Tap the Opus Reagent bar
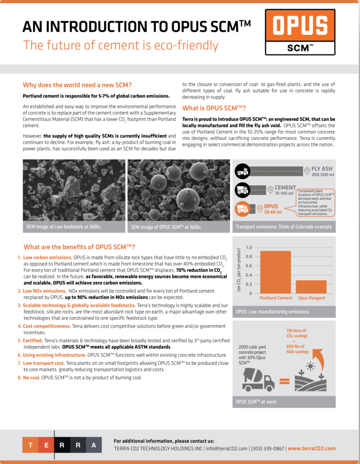tap(311, 286)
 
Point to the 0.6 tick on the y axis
tap(248, 266)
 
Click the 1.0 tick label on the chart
tap(248, 248)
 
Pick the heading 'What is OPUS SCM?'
tap(214, 108)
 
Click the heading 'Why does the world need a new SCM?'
tap(77, 85)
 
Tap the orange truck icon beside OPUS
tap(243, 209)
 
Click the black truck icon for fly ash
tap(243, 171)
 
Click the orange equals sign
tap(285, 381)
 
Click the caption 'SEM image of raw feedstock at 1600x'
tap(61, 227)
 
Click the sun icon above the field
tap(311, 364)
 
